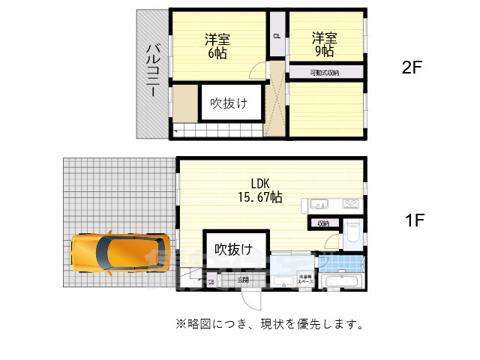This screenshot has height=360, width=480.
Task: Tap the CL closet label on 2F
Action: (277, 36)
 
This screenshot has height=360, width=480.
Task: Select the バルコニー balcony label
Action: (151, 70)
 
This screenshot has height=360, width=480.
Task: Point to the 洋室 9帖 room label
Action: (324, 44)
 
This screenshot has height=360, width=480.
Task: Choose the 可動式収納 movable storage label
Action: (325, 73)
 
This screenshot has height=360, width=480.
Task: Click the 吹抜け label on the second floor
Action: (229, 103)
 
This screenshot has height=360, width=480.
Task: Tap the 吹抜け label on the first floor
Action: (233, 249)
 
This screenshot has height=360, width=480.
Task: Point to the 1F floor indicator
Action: (415, 220)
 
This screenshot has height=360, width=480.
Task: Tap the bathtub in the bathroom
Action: (341, 282)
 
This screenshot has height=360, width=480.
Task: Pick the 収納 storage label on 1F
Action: (322, 223)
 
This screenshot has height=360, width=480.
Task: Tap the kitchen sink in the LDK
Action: (316, 204)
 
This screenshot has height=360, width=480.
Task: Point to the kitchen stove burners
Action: (351, 204)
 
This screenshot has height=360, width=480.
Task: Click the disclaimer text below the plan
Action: (270, 324)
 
